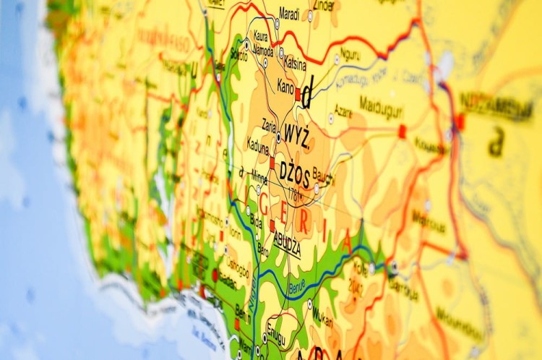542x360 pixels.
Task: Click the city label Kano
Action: click(285, 86)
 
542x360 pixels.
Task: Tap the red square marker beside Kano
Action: click(298, 93)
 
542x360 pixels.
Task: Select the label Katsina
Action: click(295, 64)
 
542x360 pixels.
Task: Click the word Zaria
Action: click(270, 124)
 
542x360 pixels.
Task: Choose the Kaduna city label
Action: click(259, 145)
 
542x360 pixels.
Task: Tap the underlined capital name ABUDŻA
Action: click(287, 244)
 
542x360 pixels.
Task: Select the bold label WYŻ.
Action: click(297, 135)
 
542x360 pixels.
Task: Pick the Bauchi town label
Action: click(324, 173)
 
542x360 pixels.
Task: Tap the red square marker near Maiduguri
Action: click(403, 131)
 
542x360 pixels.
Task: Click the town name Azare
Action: click(344, 114)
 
